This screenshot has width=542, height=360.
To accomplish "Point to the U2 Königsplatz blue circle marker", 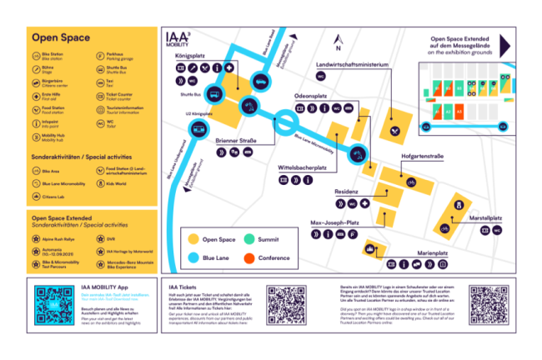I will pyautogui.click(x=198, y=127).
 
